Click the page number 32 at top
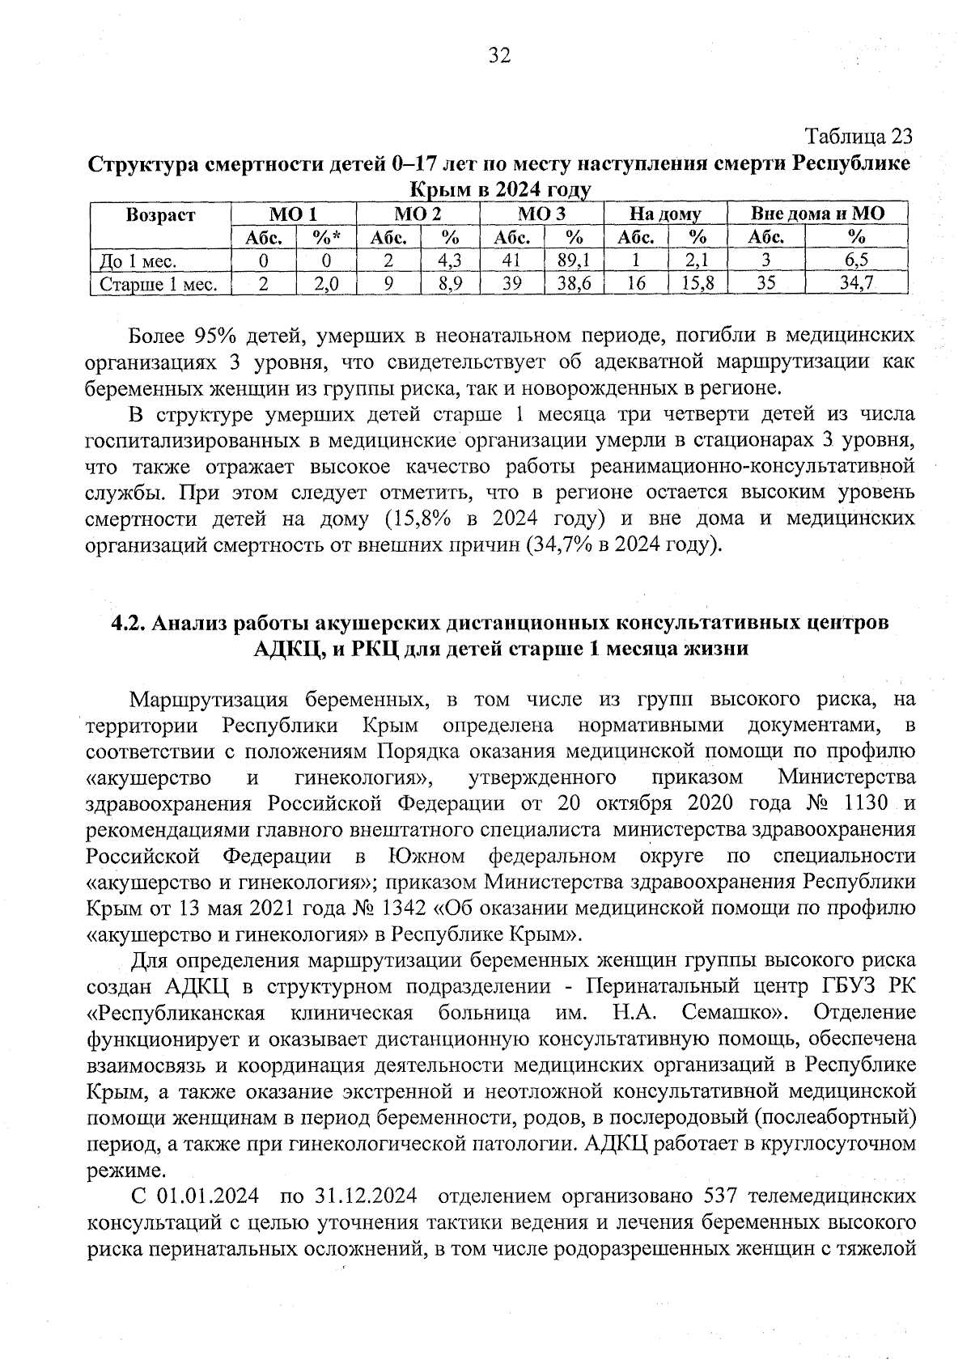[x=498, y=55]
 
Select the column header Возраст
[x=160, y=214]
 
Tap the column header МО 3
[x=541, y=214]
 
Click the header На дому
[x=665, y=214]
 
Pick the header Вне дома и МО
[x=817, y=214]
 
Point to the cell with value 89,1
[x=574, y=260]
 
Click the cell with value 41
[x=511, y=260]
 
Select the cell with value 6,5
[x=856, y=260]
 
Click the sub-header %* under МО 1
[x=325, y=238]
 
